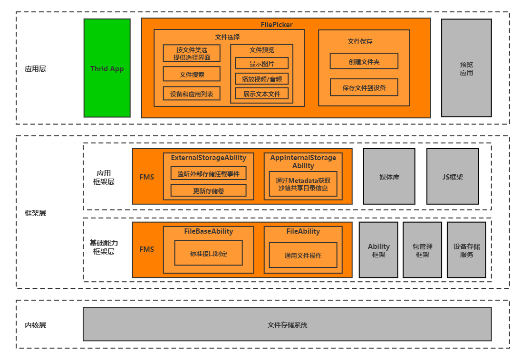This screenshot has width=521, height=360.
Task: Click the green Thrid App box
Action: tap(107, 68)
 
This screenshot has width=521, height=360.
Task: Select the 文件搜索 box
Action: tap(192, 74)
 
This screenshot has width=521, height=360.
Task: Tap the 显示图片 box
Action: tap(261, 63)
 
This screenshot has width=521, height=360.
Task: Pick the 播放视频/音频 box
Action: tap(261, 79)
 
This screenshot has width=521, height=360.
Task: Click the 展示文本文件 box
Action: tap(261, 94)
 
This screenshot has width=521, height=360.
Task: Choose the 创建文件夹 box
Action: tap(364, 61)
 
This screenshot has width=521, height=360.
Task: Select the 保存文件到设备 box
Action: tap(364, 87)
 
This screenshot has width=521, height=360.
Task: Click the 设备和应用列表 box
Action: tap(192, 94)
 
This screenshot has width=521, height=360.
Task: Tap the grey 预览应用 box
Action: tap(466, 68)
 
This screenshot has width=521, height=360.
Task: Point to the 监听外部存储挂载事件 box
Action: tap(208, 173)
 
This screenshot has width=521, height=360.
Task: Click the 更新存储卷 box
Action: tap(208, 190)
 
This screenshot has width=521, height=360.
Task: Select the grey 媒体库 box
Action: tap(389, 177)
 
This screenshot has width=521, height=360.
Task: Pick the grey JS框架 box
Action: tap(452, 177)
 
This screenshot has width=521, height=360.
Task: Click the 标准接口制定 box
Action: tap(208, 253)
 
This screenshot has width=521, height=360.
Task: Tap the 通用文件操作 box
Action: tap(303, 255)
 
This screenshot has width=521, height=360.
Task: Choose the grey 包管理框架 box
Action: tap(422, 250)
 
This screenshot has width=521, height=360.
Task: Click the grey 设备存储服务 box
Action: tap(466, 250)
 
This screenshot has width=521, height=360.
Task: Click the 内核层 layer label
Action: tap(35, 325)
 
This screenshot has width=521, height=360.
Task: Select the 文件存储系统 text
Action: tap(287, 325)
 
